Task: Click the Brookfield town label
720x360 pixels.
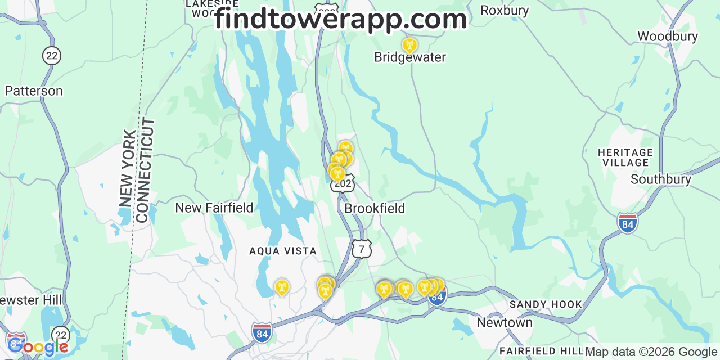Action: pos(375,208)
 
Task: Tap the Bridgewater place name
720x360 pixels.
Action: pos(410,57)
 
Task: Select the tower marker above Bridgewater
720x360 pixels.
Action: pos(409,45)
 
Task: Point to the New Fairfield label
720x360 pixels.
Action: pos(214,208)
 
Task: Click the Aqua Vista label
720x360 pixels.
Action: pos(283,251)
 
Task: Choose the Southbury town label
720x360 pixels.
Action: pos(660,179)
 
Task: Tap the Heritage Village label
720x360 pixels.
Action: pos(625,157)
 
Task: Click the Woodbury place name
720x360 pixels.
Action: pos(667,37)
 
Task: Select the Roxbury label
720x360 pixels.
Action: pos(505,11)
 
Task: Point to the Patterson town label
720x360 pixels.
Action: pos(34,91)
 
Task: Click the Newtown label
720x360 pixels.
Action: pos(504,323)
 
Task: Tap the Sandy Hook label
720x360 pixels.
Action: pos(546,304)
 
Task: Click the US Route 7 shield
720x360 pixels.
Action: pos(362,248)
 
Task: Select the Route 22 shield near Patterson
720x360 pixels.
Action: pos(52,55)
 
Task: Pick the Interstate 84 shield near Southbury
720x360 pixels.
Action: pos(627,223)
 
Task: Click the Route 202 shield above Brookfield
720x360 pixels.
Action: pos(343,183)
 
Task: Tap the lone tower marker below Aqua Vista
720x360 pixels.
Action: pos(281,287)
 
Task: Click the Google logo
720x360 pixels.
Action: pos(38,347)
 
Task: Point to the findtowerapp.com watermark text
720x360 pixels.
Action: pos(340,20)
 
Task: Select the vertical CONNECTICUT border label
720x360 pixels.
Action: pos(145,170)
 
